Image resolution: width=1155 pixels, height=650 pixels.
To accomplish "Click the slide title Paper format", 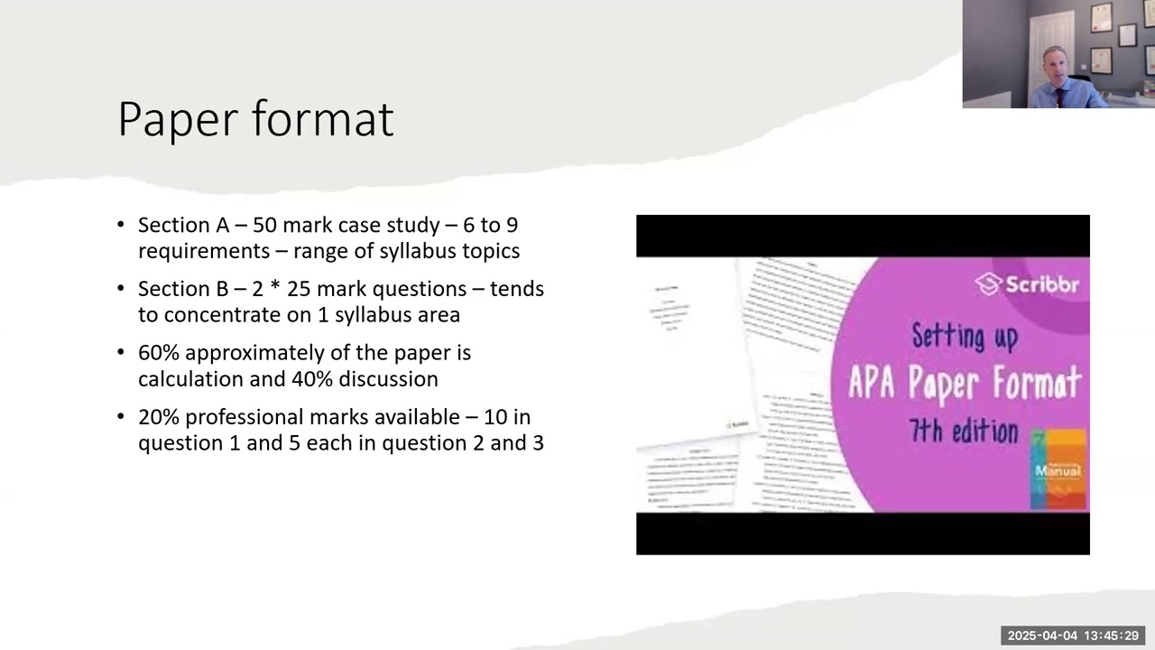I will click(x=255, y=119).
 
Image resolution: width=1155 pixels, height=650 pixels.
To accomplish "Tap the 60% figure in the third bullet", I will click(x=159, y=353).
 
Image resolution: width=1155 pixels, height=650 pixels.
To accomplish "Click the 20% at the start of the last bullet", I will click(x=159, y=417).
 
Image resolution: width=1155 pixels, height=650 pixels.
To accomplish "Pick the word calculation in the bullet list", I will click(x=190, y=379).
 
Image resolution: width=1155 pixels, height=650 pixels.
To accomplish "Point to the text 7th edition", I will click(x=963, y=432).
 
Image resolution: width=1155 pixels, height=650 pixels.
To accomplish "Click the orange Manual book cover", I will click(x=1058, y=469).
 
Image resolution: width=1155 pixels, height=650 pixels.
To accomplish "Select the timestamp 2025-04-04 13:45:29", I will click(x=1073, y=636).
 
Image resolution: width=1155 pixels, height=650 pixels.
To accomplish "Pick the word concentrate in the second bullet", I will click(x=215, y=315).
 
